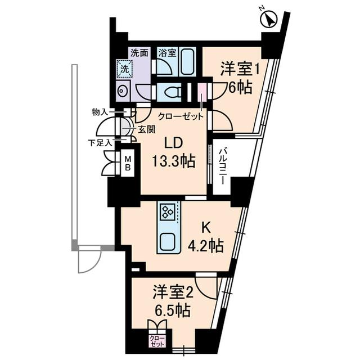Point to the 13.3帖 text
tap(173, 161)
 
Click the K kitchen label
tap(206, 228)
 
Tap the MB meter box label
tap(128, 163)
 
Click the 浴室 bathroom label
tap(167, 53)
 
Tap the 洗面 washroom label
tap(139, 53)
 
